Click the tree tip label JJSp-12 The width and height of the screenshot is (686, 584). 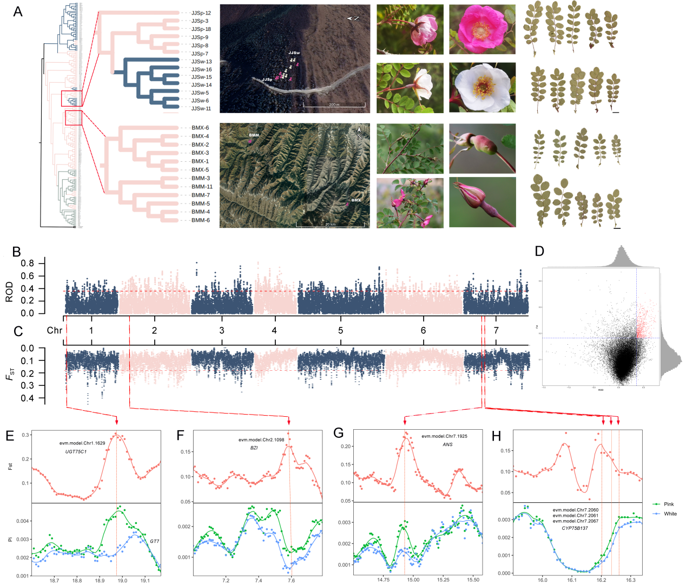coord(201,13)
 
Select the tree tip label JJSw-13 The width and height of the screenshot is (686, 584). coord(201,62)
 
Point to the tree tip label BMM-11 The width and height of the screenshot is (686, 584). coord(202,187)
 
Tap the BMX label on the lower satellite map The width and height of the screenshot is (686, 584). coord(356,200)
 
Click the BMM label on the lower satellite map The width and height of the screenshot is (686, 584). coord(254,135)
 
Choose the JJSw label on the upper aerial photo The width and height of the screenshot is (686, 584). coord(294,53)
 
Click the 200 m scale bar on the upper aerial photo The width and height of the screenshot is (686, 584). coord(334,104)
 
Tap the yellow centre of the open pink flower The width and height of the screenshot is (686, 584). coord(480,29)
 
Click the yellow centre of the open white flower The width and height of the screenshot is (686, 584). coord(483,87)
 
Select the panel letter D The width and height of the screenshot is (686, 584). coord(539,251)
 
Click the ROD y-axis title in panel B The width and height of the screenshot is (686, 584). coord(9,292)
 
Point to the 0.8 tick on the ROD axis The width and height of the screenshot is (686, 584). coord(27,264)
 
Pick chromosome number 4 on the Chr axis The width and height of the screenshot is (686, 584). coord(274,331)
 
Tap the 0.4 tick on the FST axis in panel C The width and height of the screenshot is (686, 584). coord(27,398)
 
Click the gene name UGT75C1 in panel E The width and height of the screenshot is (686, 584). coord(76,451)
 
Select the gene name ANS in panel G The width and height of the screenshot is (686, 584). coord(447,444)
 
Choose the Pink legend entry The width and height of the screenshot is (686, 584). coord(669,504)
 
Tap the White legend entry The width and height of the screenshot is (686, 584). coord(670,514)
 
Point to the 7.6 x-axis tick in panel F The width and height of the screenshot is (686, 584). coord(291,580)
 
